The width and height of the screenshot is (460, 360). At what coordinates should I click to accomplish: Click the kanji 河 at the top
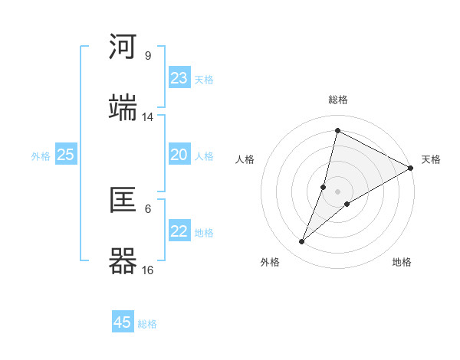coord(123,47)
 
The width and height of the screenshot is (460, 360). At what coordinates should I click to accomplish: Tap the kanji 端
coord(123,107)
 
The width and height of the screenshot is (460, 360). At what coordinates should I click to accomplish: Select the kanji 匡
coord(123,201)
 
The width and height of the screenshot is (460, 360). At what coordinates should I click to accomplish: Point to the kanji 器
coord(123,260)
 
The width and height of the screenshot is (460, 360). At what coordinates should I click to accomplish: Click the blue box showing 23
coord(179,78)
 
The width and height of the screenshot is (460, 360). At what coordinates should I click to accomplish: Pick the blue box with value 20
coord(179,155)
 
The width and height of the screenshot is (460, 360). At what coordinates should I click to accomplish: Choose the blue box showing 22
coord(179,231)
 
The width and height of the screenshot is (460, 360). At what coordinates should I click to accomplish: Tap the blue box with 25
coord(66,155)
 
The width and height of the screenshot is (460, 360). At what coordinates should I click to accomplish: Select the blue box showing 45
coord(123,322)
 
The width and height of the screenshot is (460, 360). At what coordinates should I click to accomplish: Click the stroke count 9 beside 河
coord(148,56)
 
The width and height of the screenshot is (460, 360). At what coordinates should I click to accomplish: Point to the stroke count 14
coord(148,117)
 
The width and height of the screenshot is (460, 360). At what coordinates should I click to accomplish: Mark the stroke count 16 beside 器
coord(148,270)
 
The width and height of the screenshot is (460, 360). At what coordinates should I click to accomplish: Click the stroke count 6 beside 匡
coord(148,208)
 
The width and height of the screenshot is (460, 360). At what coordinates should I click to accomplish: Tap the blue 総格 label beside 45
coord(147,324)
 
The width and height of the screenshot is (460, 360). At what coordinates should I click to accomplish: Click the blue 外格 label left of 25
coord(41,156)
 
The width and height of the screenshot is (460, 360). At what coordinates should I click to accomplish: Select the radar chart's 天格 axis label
coord(431,159)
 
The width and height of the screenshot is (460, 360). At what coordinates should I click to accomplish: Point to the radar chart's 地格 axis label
coord(402,262)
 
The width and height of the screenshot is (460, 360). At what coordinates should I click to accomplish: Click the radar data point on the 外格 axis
coord(302,242)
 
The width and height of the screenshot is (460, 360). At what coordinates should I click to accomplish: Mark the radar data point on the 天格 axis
coord(410,168)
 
